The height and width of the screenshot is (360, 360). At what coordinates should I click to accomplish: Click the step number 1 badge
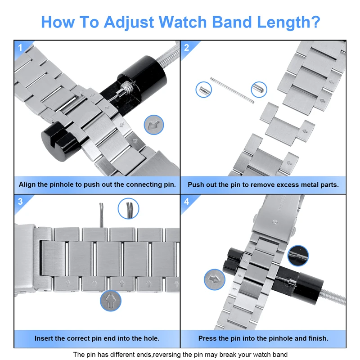pos(19,47)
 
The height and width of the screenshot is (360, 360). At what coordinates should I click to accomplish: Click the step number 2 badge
pos(186,47)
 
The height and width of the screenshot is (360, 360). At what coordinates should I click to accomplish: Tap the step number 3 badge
pos(20,202)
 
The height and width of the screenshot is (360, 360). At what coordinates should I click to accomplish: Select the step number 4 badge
pos(186,202)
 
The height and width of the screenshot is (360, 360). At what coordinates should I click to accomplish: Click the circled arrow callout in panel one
pos(154,125)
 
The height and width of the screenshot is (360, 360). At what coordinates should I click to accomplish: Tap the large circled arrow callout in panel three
pos(110,301)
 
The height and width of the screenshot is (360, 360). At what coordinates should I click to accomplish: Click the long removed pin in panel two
pos(230,90)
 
